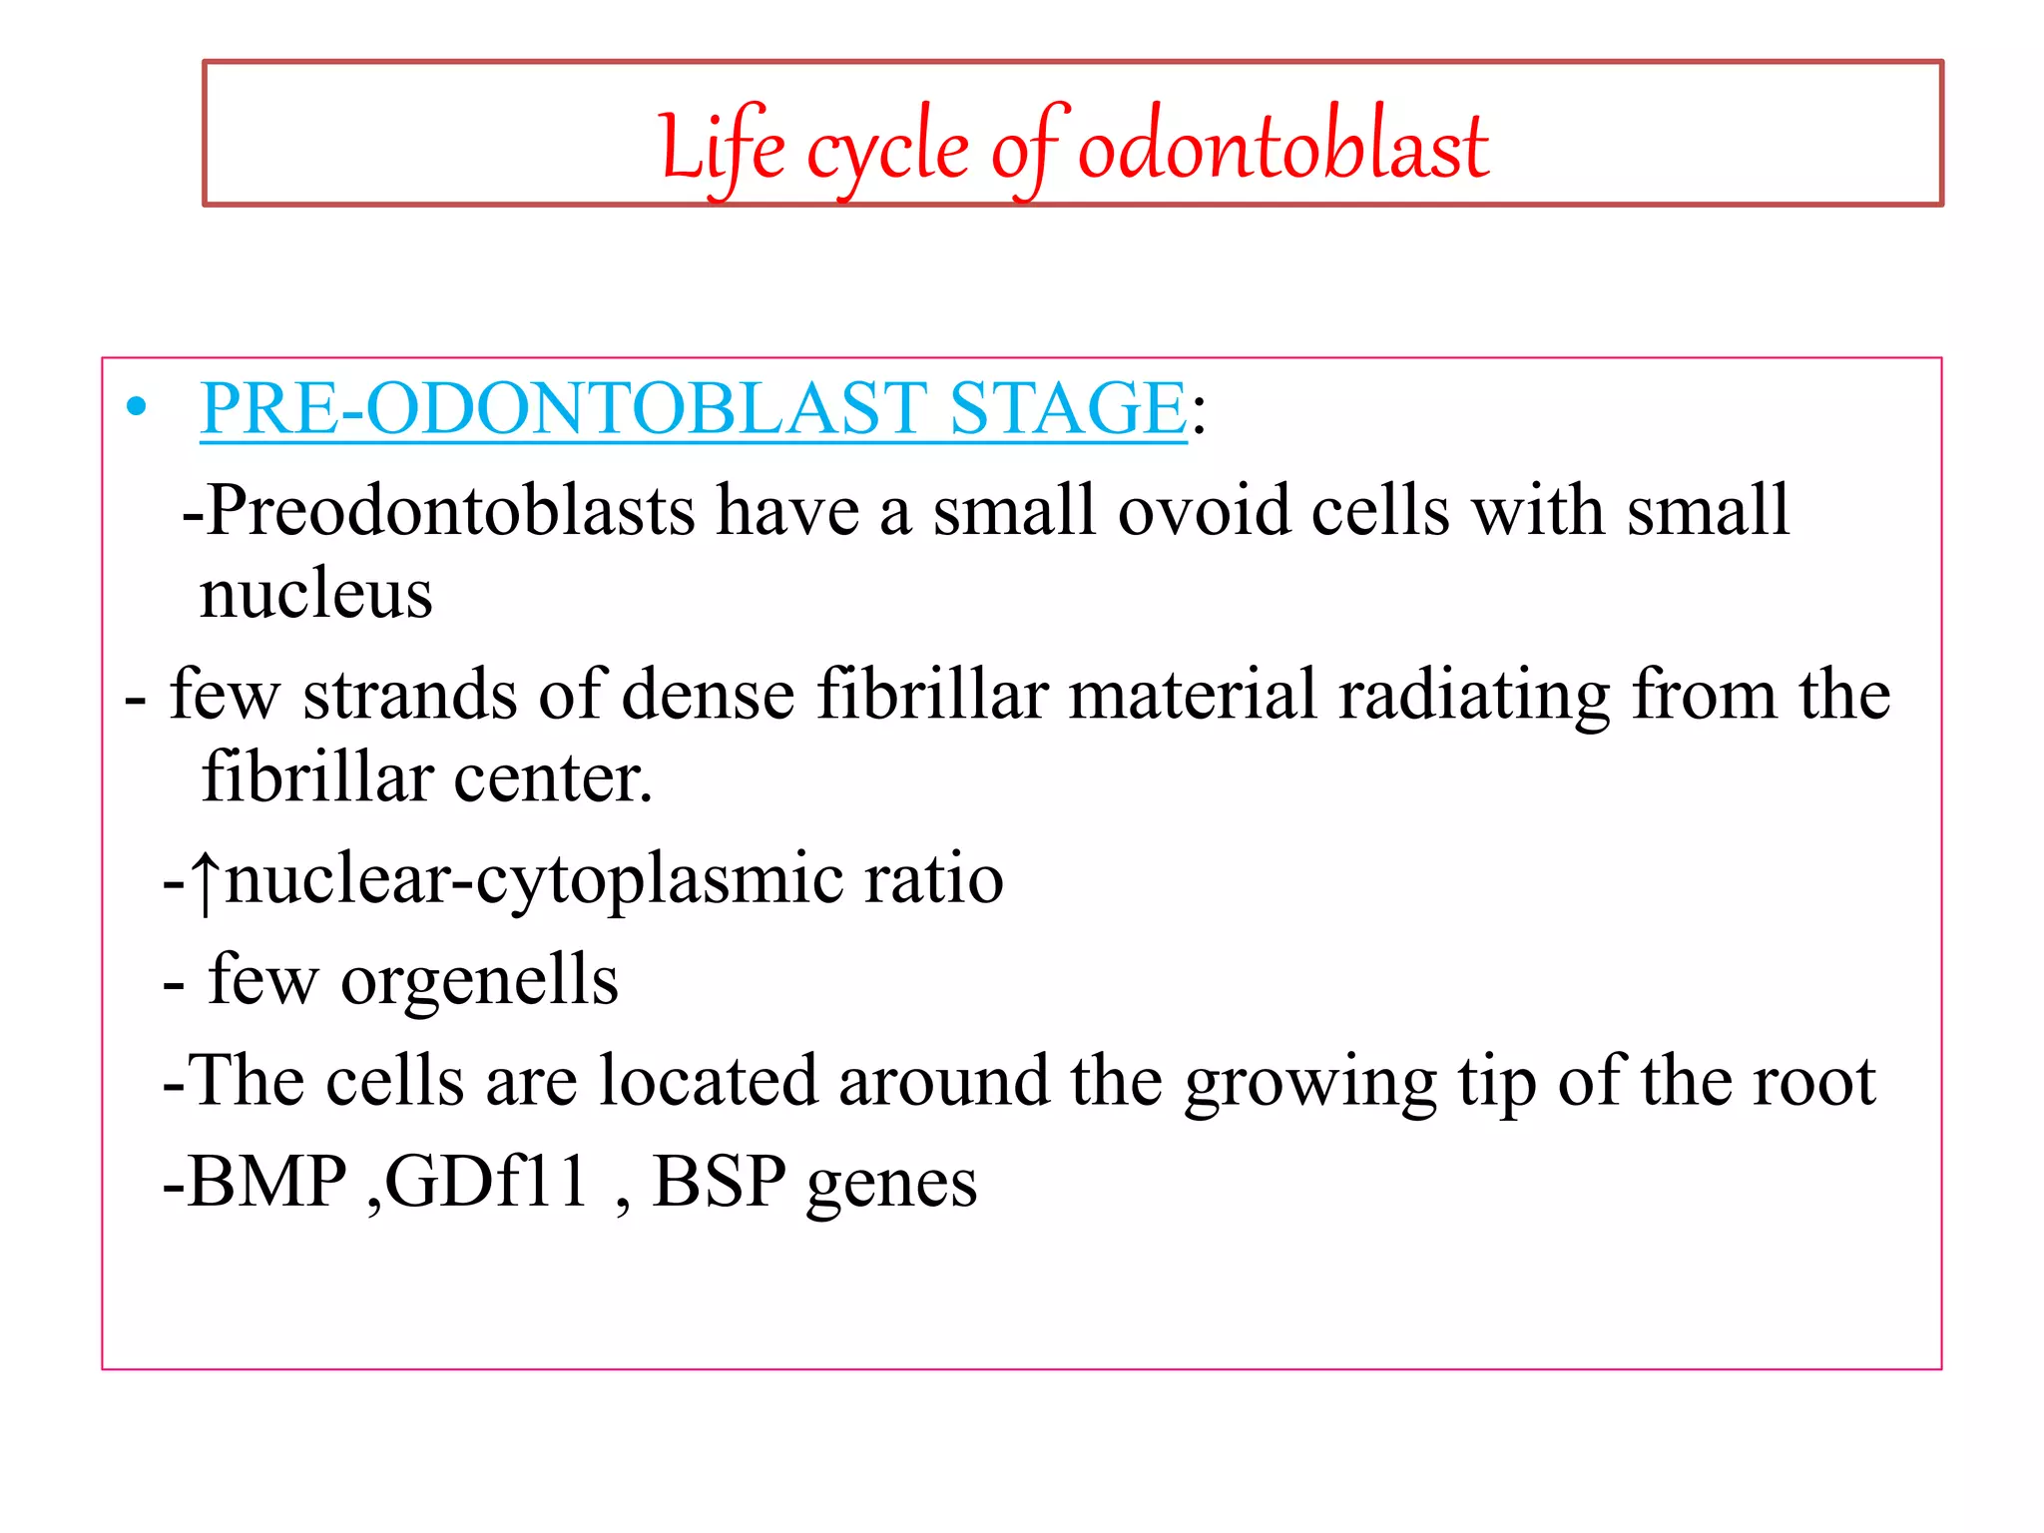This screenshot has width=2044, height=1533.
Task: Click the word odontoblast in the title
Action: (1283, 148)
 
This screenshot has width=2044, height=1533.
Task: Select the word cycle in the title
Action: (887, 152)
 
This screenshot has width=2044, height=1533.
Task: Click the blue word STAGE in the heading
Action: (1067, 408)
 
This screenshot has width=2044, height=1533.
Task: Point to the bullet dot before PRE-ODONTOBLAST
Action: (137, 408)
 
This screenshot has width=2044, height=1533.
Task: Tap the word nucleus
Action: (315, 594)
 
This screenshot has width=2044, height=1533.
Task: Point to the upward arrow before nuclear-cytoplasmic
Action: (206, 881)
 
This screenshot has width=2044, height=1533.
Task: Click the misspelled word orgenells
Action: (479, 981)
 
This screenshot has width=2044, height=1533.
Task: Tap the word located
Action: (709, 1081)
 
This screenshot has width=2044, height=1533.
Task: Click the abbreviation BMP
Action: (266, 1182)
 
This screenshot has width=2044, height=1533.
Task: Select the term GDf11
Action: (486, 1182)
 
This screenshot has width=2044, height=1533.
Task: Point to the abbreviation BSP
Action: (719, 1182)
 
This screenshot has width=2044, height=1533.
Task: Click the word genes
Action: (891, 1186)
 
